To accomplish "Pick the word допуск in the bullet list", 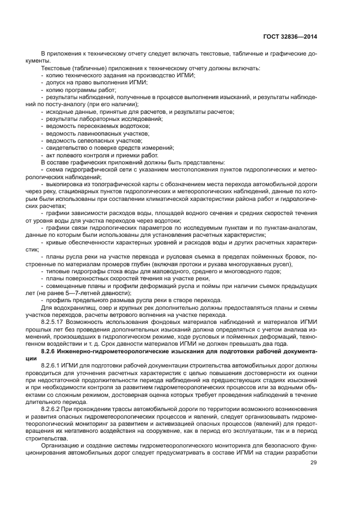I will point(55,81).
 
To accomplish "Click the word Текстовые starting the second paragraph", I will point(52,68).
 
